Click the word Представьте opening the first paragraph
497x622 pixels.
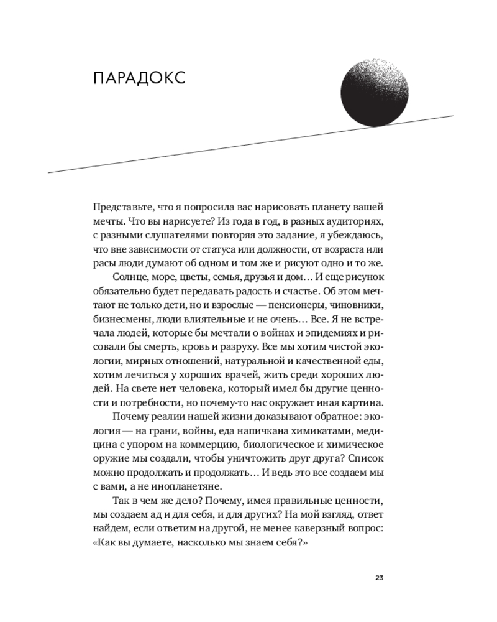(x=122, y=207)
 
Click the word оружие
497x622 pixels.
(x=109, y=460)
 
